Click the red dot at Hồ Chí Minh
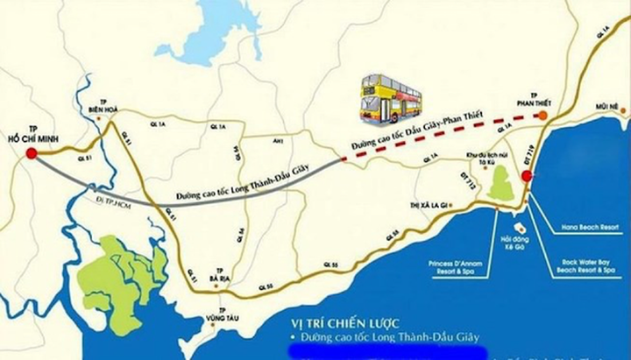point(32,153)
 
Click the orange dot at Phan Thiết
point(542,115)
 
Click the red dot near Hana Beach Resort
point(527,176)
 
